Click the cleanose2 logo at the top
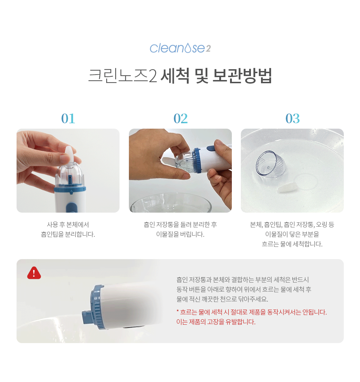(180, 48)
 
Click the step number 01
(68, 119)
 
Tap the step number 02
(180, 119)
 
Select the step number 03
(292, 119)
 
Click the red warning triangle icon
(34, 273)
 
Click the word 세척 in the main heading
(175, 76)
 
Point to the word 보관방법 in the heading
(242, 76)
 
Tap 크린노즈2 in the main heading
(122, 76)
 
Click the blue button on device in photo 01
(72, 208)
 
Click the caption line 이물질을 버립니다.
(180, 234)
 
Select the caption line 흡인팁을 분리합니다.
(68, 234)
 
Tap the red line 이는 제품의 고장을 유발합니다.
(216, 322)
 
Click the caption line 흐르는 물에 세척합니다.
(292, 244)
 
